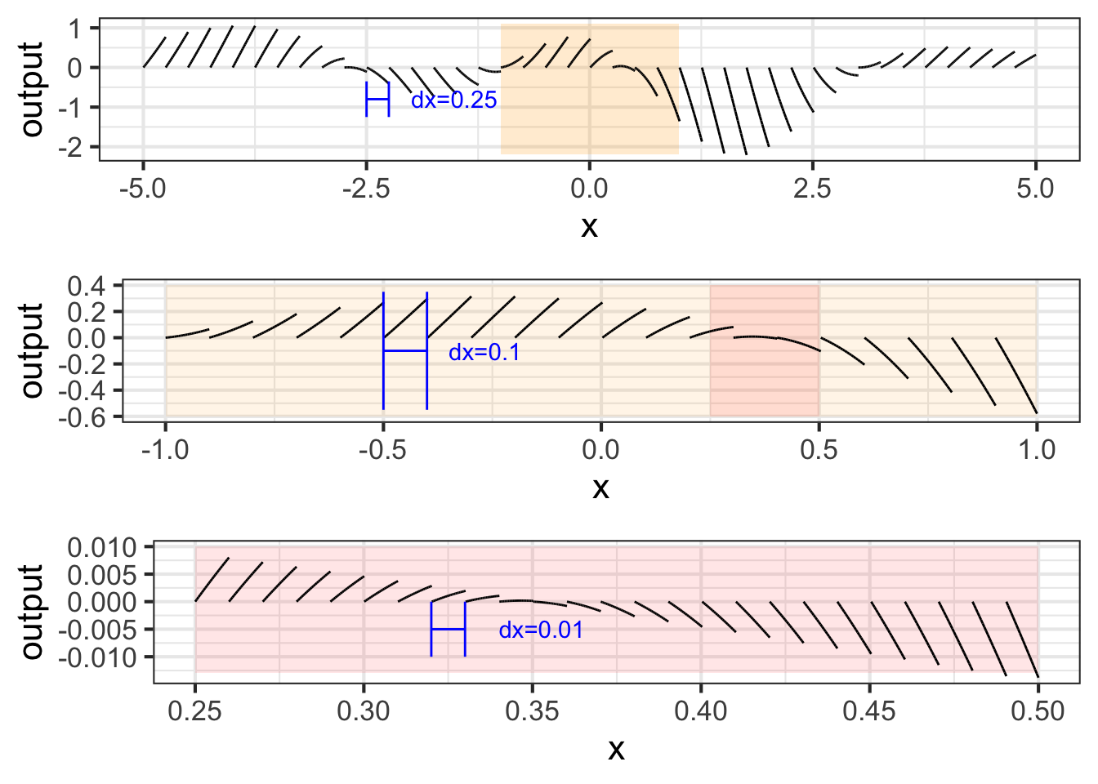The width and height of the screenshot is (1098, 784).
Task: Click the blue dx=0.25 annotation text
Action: click(453, 100)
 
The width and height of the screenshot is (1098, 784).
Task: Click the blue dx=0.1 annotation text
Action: click(484, 353)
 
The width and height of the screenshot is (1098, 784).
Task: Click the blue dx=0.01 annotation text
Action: click(541, 630)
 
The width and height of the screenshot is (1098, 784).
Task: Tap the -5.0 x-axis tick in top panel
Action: click(143, 189)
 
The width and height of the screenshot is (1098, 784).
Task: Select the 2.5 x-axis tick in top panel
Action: click(812, 189)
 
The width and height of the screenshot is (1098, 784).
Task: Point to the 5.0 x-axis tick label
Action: click(1035, 189)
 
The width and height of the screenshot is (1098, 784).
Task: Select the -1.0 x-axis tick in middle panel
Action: click(166, 450)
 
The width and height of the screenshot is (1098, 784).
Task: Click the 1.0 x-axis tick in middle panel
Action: click(1037, 450)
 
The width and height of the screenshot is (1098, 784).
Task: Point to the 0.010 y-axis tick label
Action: click(102, 547)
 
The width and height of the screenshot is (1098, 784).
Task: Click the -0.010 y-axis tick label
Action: click(99, 657)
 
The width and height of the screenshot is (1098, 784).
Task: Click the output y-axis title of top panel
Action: click(32, 90)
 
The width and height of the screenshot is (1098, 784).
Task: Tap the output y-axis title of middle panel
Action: click(32, 350)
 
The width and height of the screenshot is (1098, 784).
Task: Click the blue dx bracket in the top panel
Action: click(377, 100)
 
